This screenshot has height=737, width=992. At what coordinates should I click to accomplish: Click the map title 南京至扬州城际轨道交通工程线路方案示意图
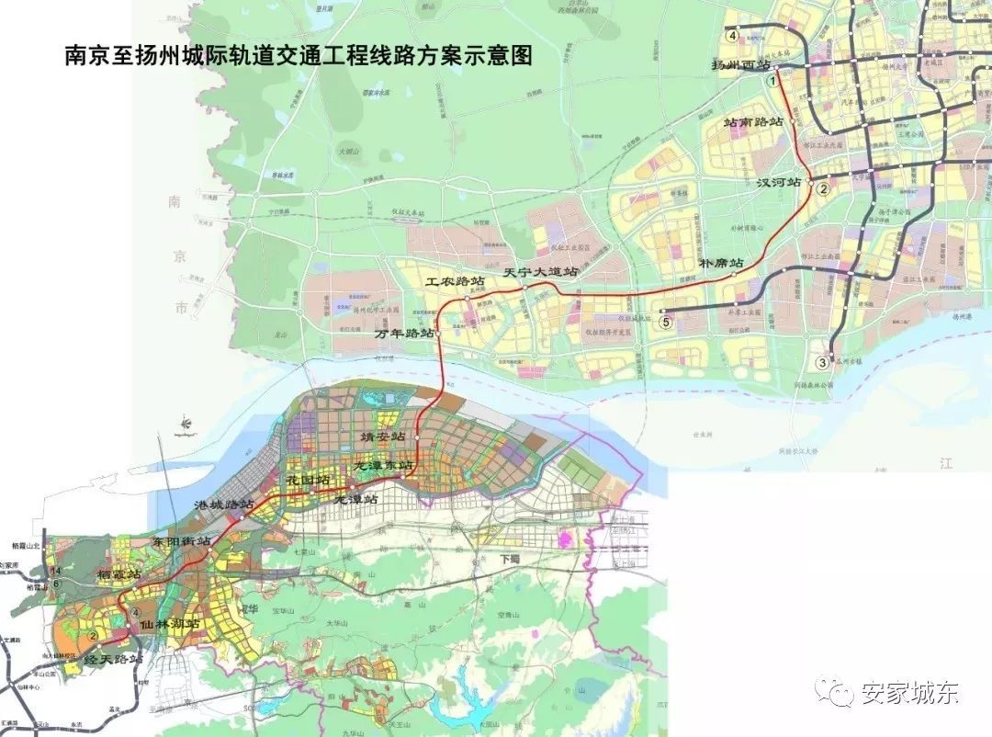point(298,56)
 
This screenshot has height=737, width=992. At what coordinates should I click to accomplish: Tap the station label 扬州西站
point(741,66)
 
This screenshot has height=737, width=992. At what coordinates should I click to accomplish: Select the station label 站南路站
point(753,121)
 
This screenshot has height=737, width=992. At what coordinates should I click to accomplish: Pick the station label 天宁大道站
point(541,273)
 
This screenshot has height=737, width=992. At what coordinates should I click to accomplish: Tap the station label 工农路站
point(454,280)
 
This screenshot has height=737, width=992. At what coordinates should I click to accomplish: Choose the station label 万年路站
point(405,334)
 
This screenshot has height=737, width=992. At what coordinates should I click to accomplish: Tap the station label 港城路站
point(224,505)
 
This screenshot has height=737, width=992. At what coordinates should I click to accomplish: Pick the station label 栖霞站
point(119,574)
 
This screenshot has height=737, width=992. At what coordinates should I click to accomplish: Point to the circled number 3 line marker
point(823,363)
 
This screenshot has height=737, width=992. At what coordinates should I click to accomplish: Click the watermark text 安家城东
point(908,693)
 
